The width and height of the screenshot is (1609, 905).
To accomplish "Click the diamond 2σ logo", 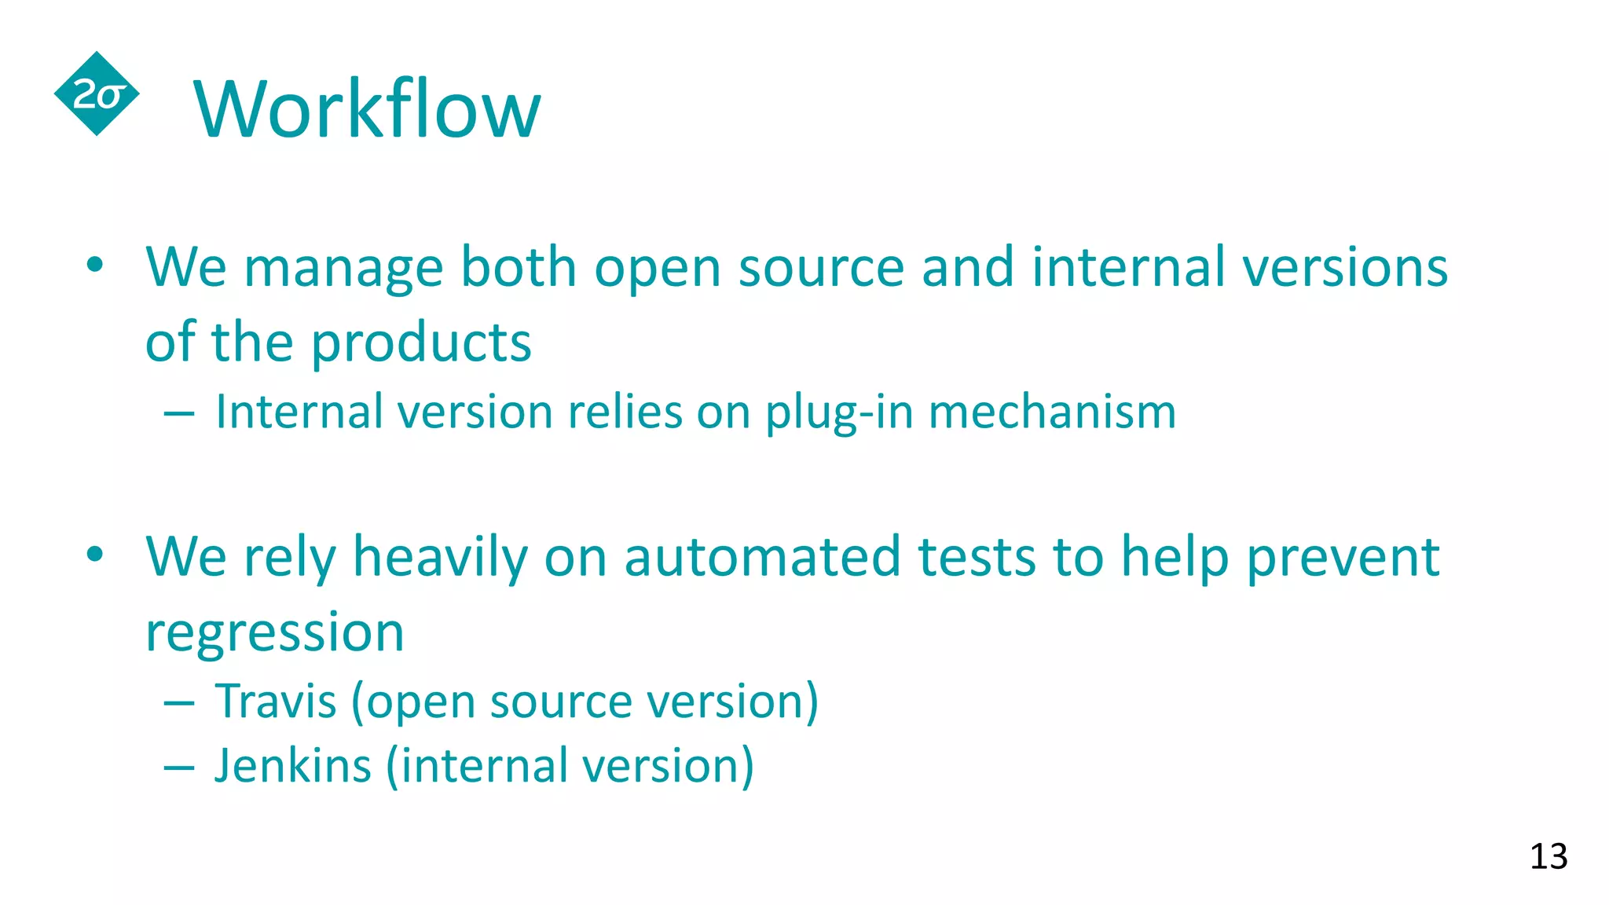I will (x=97, y=94).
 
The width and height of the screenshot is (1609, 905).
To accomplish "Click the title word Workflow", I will (x=367, y=109).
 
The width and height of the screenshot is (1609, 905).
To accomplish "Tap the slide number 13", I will (x=1548, y=856).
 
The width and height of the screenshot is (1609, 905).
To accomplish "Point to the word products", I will (x=422, y=343).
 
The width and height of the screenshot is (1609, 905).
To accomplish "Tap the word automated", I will (x=762, y=557).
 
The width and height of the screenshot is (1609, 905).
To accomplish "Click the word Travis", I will (x=276, y=701).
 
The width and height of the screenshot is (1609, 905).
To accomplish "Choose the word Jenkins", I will (x=292, y=765).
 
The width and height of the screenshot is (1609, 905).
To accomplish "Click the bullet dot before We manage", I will (x=95, y=265).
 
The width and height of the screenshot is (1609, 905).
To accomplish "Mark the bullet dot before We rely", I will (x=95, y=554).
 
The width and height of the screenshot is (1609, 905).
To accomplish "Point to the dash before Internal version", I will (x=179, y=413).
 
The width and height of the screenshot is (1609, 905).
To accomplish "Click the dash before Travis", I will (x=179, y=702).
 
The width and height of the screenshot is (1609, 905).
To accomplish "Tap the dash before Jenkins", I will (x=179, y=767).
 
